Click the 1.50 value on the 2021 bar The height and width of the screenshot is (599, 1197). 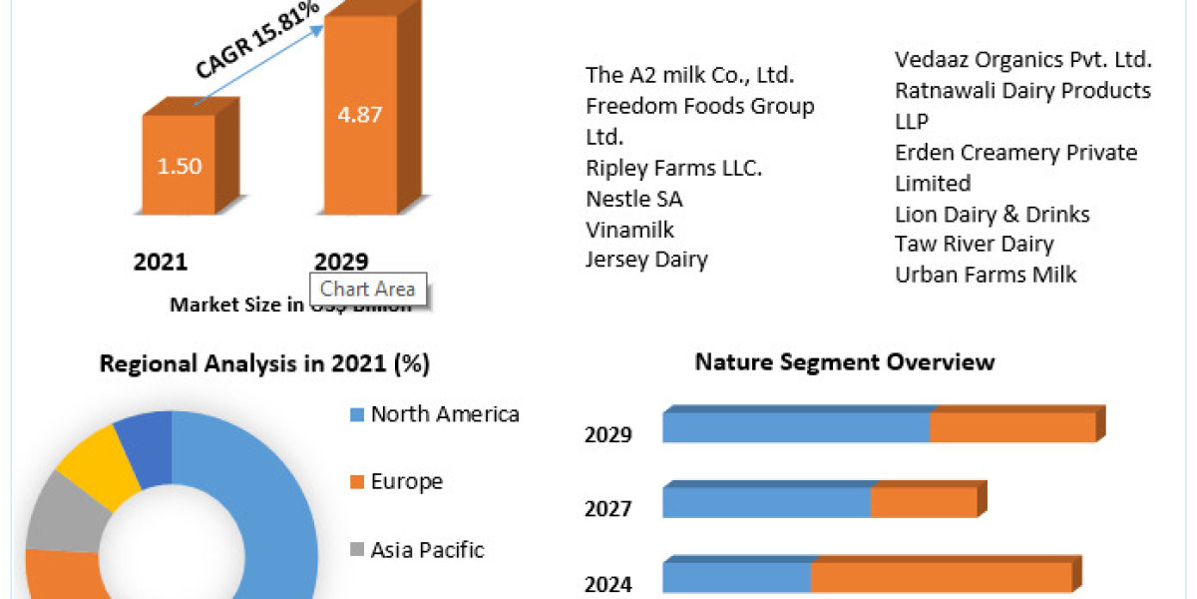pyautogui.click(x=179, y=166)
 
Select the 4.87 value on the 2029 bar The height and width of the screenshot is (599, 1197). pyautogui.click(x=360, y=113)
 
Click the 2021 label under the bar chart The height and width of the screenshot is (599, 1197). pyautogui.click(x=161, y=262)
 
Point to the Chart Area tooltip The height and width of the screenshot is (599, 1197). pyautogui.click(x=368, y=290)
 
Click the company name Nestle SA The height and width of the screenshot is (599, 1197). pyautogui.click(x=634, y=199)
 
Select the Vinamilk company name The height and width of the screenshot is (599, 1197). pyautogui.click(x=630, y=230)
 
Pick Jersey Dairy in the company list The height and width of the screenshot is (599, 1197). pyautogui.click(x=646, y=260)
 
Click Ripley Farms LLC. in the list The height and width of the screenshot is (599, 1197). pyautogui.click(x=674, y=168)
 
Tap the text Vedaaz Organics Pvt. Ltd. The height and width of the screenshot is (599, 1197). pyautogui.click(x=1023, y=59)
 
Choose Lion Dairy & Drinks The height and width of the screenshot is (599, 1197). pyautogui.click(x=993, y=214)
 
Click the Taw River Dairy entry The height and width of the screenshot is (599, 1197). pyautogui.click(x=975, y=244)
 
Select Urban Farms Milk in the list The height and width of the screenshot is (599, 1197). pyautogui.click(x=986, y=275)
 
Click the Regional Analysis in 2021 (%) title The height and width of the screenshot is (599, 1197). pyautogui.click(x=264, y=364)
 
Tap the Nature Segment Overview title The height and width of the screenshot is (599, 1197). pyautogui.click(x=845, y=361)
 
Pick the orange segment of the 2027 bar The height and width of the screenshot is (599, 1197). pyautogui.click(x=923, y=502)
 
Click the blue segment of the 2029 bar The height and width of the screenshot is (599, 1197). pyautogui.click(x=796, y=428)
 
